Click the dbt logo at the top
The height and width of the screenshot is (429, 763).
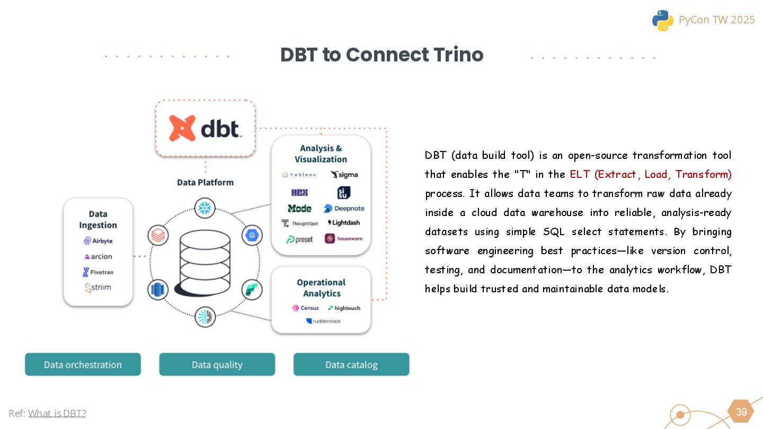pos(205,129)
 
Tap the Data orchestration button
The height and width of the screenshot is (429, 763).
pos(83,364)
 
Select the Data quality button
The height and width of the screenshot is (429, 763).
pos(217,364)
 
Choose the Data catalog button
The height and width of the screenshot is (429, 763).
pos(351,364)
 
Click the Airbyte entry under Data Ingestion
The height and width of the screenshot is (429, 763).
pos(98,241)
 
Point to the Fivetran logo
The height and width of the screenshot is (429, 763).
pos(98,272)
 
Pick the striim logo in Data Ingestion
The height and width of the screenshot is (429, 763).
pos(98,288)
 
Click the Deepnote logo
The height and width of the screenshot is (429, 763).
pos(344,209)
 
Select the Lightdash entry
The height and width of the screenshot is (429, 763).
pos(344,223)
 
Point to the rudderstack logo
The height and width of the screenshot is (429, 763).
pos(323,321)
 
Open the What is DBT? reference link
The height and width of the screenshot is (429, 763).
pos(57,413)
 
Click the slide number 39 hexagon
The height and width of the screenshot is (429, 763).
pos(741,412)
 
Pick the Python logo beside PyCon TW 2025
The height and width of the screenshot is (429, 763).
pos(662,20)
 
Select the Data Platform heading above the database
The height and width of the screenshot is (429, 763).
pos(205,182)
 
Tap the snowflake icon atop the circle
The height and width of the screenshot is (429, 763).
pos(205,208)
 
